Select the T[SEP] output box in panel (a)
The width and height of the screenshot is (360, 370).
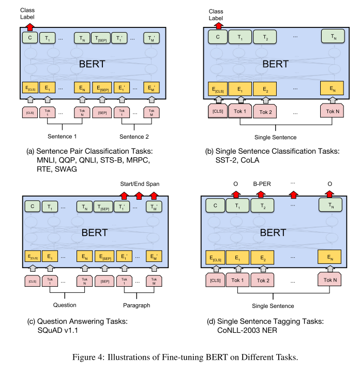click(100, 38)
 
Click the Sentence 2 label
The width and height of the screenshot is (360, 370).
click(133, 137)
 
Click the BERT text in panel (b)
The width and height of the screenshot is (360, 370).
click(276, 64)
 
